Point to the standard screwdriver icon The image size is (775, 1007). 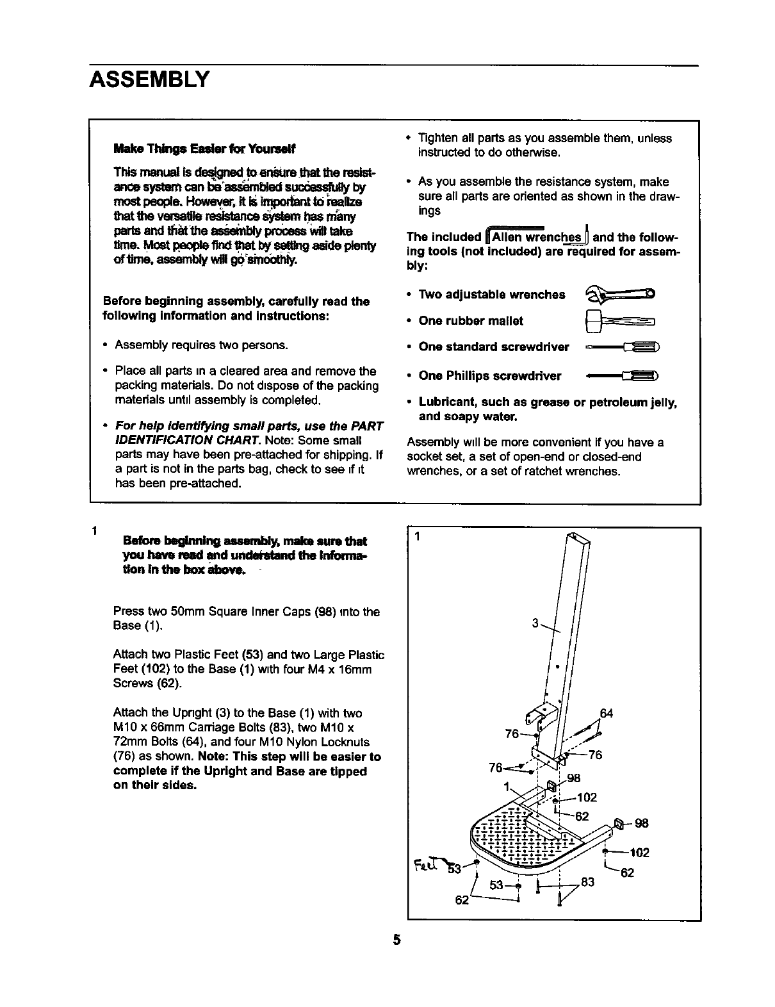(622, 348)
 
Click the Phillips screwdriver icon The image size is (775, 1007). (622, 376)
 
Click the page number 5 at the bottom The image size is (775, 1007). (396, 940)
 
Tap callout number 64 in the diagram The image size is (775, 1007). (605, 713)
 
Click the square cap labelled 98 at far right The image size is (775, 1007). (619, 823)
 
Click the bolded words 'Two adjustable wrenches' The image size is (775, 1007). (492, 295)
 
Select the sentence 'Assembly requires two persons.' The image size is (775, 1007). (201, 345)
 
